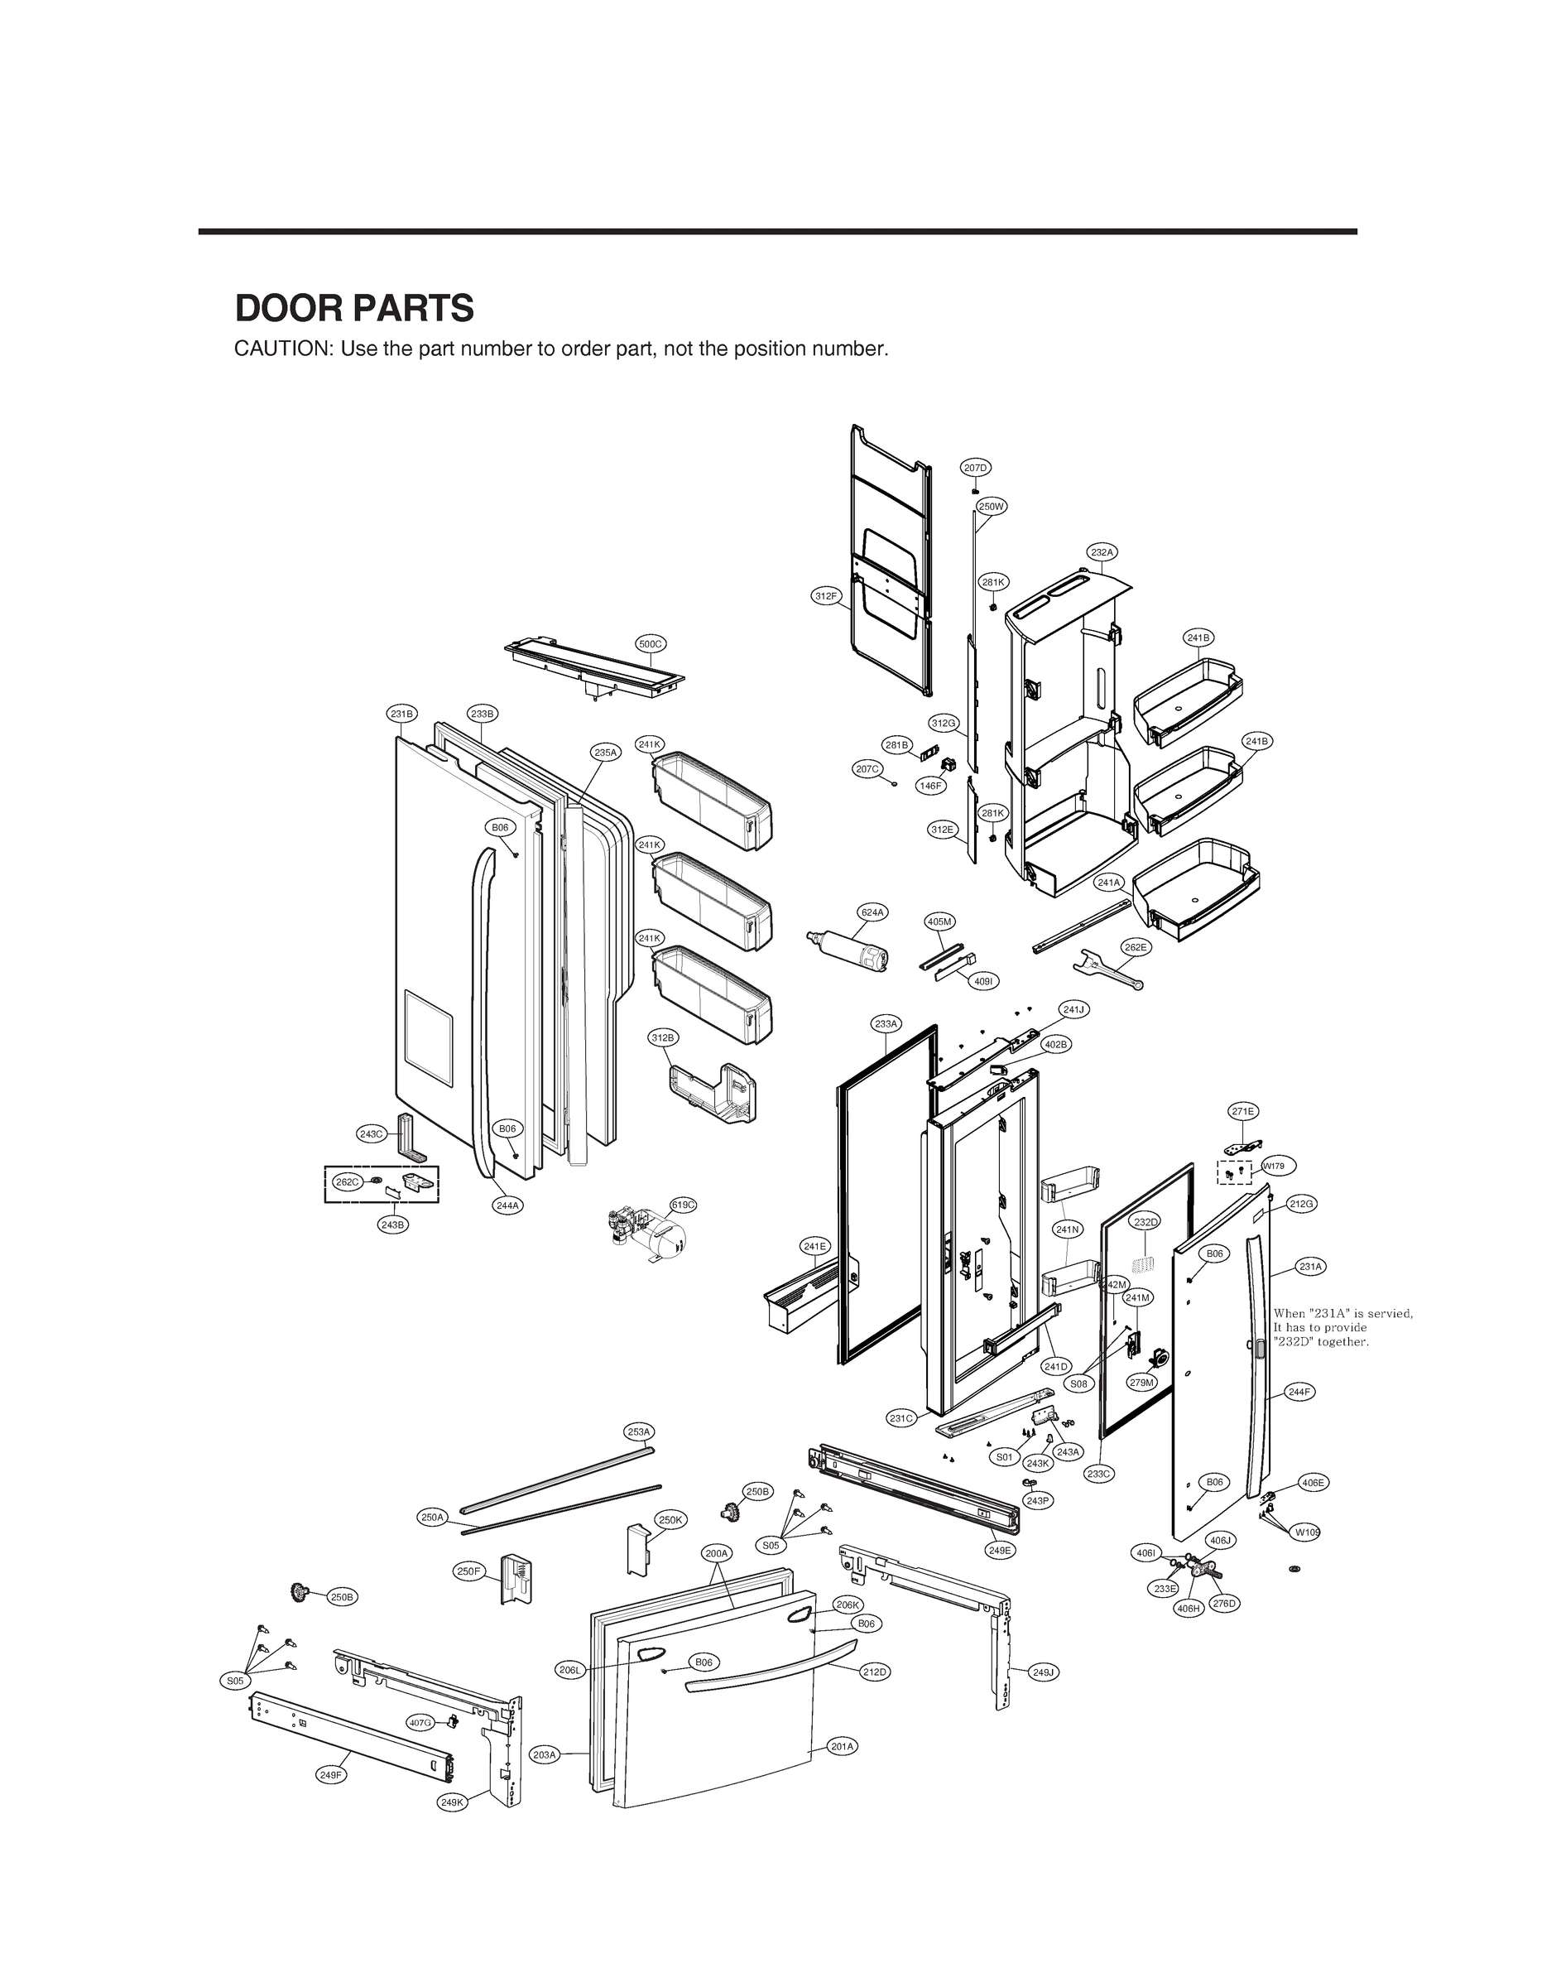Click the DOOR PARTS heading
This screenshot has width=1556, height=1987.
(x=354, y=309)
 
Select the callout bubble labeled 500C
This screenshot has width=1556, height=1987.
(x=651, y=644)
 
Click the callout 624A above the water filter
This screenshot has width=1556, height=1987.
(x=872, y=912)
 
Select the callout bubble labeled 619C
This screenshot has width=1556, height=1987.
(x=684, y=1205)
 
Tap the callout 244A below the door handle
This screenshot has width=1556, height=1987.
(x=507, y=1205)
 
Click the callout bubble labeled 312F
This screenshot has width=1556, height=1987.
(x=825, y=596)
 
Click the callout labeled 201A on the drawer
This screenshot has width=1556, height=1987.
(x=843, y=1745)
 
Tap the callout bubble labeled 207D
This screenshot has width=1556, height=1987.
(x=975, y=468)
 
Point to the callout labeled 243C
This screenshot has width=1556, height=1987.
(x=372, y=1133)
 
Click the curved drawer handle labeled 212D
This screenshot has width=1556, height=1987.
(x=775, y=1667)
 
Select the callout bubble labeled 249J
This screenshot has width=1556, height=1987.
(x=1043, y=1671)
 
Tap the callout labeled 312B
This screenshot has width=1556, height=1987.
(x=663, y=1037)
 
